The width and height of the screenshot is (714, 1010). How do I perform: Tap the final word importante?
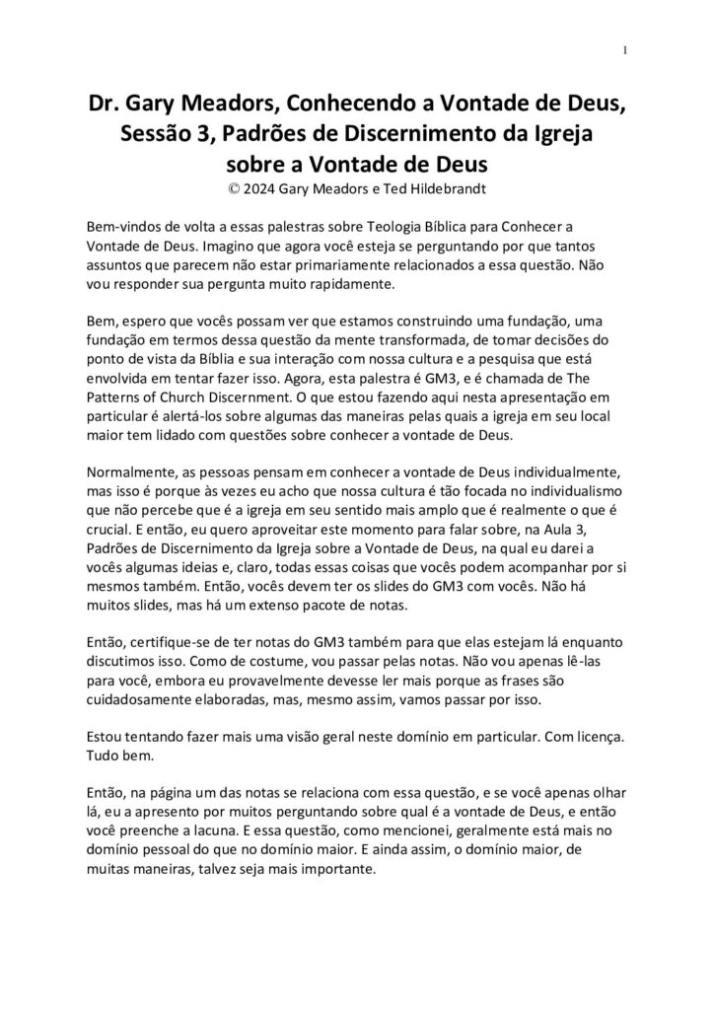[x=326, y=868]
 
